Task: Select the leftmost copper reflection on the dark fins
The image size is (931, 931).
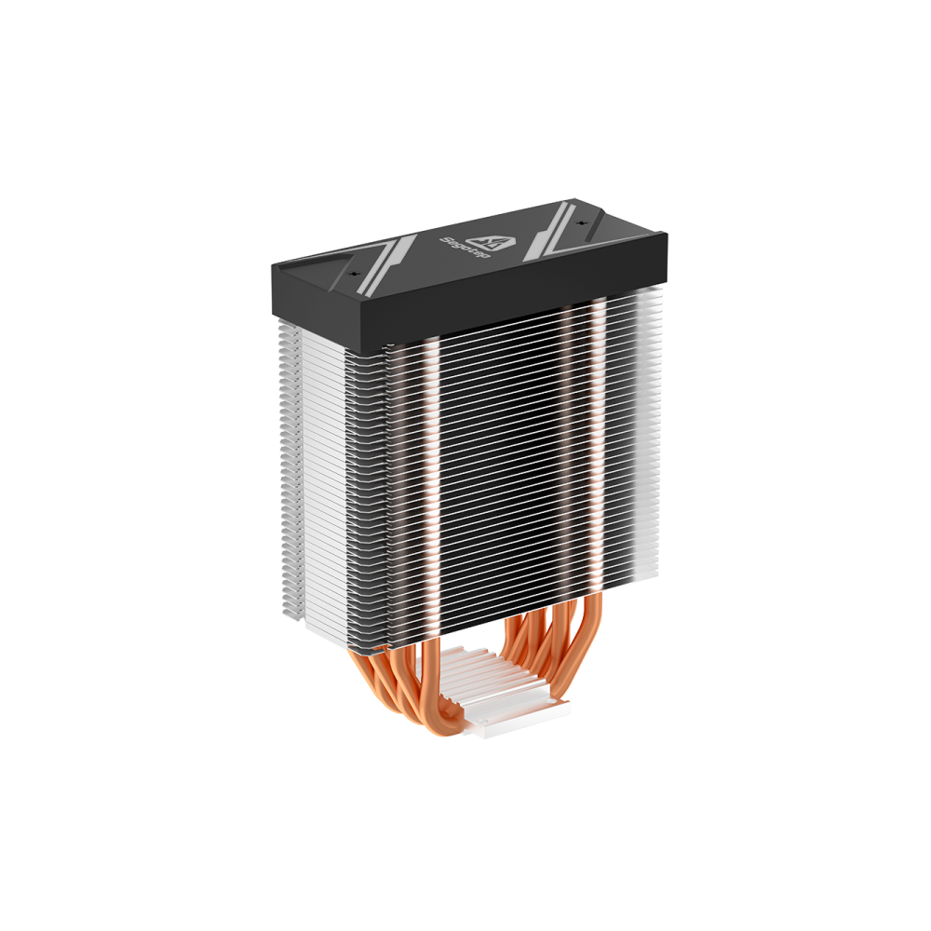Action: tap(430, 465)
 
